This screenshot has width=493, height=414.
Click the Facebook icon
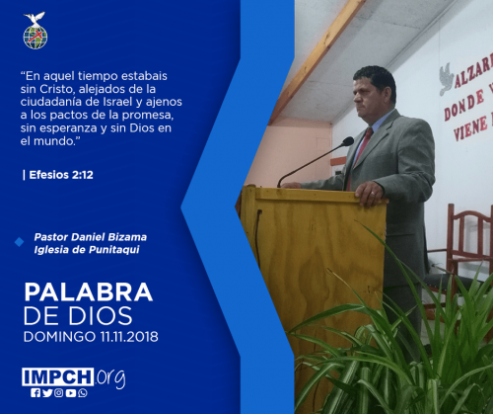(35, 393)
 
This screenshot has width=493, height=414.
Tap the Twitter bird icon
(47, 393)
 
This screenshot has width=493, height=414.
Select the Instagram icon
(58, 393)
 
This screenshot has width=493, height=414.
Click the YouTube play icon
(71, 393)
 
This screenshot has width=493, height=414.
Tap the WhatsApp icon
(83, 393)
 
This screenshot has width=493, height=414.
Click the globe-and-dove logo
(35, 31)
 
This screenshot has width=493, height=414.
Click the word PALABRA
(89, 292)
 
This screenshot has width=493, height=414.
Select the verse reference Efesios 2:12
(61, 175)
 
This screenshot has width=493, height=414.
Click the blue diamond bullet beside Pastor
(20, 242)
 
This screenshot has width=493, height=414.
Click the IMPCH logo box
(58, 376)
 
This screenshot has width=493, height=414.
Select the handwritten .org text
(110, 378)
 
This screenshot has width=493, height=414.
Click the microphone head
(347, 141)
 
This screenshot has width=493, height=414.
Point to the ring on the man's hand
(372, 194)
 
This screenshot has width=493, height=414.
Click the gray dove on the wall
(447, 78)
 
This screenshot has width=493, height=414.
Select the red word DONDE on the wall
(464, 105)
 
